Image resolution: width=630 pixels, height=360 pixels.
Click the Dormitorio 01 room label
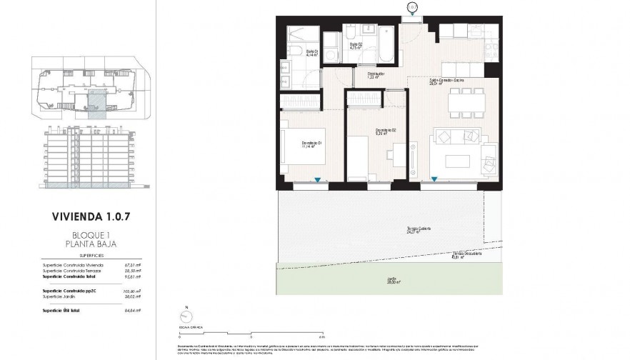312,144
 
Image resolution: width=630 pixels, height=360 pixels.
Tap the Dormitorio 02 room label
386,130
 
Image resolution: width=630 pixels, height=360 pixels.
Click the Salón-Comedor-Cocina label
448,81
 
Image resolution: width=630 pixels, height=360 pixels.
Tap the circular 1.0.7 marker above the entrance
412,7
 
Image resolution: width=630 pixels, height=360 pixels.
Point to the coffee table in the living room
457,160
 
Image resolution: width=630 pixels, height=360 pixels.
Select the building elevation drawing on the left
88,157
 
